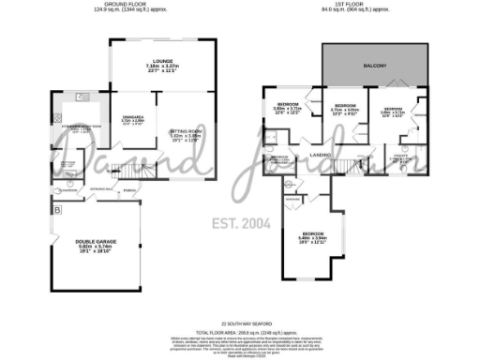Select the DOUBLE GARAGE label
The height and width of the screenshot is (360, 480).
(94, 241)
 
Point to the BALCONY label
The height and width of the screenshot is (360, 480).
(375, 66)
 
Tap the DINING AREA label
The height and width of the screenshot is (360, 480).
(133, 116)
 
